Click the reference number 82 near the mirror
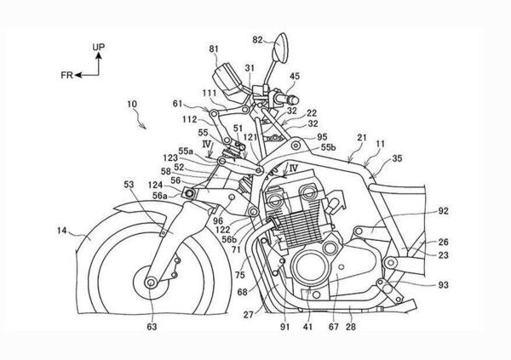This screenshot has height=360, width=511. tap(259, 38)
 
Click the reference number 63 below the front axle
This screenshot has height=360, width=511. tap(152, 323)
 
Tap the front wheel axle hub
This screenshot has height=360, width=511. tap(152, 283)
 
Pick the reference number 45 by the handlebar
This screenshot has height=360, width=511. tap(295, 76)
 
